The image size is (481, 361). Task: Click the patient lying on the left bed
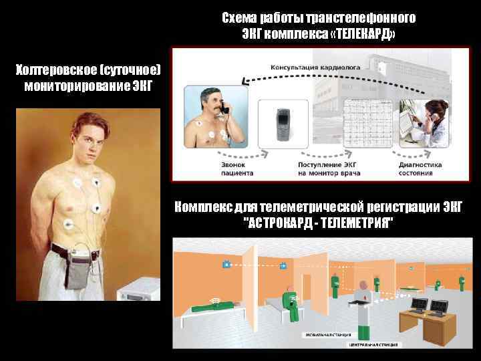click(211, 308)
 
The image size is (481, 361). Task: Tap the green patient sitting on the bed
click(291, 304)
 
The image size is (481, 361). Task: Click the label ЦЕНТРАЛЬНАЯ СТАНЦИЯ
click(374, 344)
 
